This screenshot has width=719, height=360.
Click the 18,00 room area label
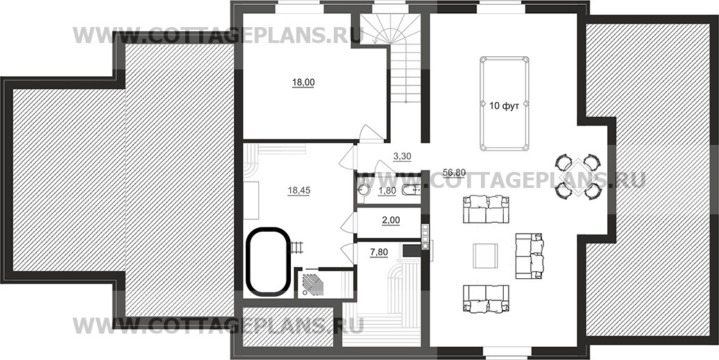point(303,83)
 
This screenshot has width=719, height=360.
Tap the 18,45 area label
point(298,191)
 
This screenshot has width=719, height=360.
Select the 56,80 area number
point(455,172)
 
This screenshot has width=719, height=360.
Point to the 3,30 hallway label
point(402,156)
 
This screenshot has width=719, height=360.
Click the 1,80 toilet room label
point(387,191)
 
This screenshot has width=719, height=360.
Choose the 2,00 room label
point(391,221)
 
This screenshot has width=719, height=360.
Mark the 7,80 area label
point(379,252)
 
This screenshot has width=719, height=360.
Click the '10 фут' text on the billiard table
point(504,106)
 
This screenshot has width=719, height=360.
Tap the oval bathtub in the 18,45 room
point(269,262)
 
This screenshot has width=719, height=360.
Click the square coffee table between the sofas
point(485,256)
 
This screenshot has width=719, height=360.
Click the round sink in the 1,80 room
point(364,191)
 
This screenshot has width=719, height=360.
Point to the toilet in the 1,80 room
point(411,191)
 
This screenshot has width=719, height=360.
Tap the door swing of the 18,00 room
point(371,132)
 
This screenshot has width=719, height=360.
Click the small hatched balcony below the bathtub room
point(287,327)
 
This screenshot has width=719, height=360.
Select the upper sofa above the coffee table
point(486,209)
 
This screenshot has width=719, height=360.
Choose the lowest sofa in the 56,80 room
point(486,299)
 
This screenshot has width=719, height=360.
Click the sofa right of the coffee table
point(530,255)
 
